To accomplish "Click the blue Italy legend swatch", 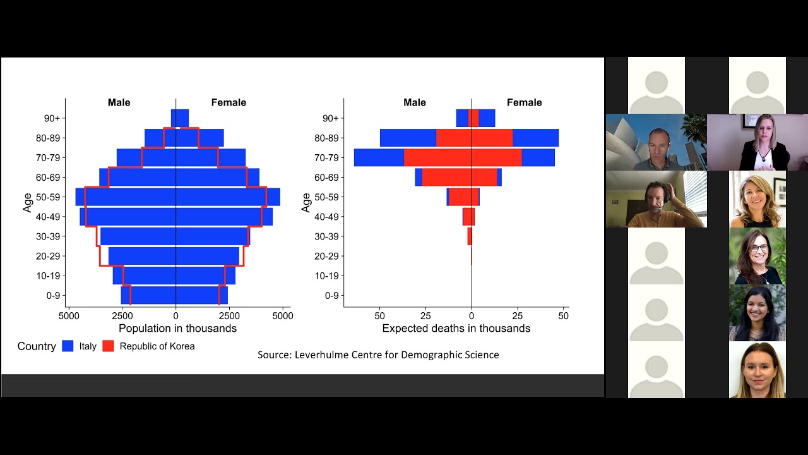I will pyautogui.click(x=68, y=346).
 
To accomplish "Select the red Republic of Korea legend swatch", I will pyautogui.click(x=108, y=346).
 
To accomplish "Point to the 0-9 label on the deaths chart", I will pyautogui.click(x=332, y=296).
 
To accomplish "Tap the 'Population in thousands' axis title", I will pyautogui.click(x=177, y=329).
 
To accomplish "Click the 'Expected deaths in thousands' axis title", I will pyautogui.click(x=456, y=329).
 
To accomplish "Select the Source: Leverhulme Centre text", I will pyautogui.click(x=378, y=355).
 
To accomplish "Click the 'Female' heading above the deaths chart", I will pyautogui.click(x=524, y=102).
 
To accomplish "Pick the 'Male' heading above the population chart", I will pyautogui.click(x=119, y=102).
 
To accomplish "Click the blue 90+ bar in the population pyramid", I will pyautogui.click(x=180, y=118).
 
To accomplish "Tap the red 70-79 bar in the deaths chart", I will pyautogui.click(x=463, y=157).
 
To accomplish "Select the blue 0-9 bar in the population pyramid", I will pyautogui.click(x=174, y=295).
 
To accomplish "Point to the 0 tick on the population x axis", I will pyautogui.click(x=176, y=316).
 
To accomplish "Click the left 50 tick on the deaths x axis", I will pyautogui.click(x=379, y=316).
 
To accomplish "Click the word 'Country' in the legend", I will pyautogui.click(x=37, y=346).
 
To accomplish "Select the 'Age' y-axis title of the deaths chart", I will pyautogui.click(x=306, y=203).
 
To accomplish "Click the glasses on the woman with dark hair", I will pyautogui.click(x=758, y=248).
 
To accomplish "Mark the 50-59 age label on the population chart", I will pyautogui.click(x=48, y=197).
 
